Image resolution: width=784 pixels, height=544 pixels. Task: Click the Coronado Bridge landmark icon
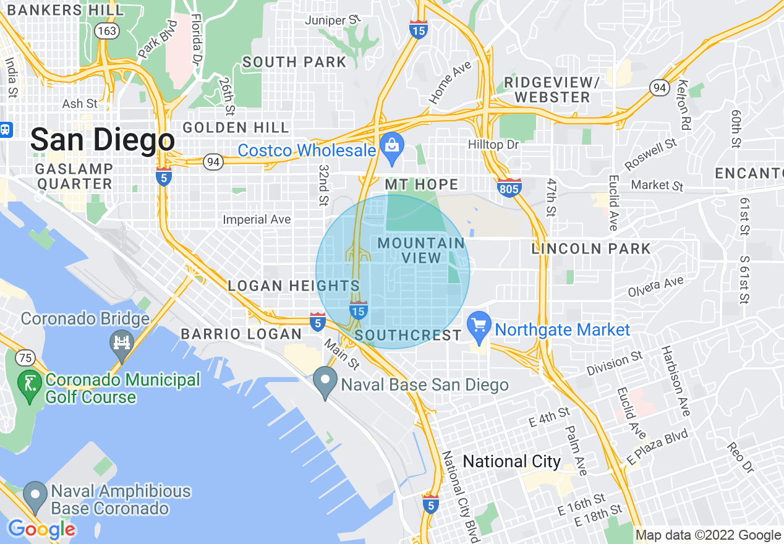coord(121,344)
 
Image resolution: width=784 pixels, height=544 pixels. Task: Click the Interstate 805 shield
coord(508,187)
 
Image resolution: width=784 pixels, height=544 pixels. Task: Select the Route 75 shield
coord(25,357)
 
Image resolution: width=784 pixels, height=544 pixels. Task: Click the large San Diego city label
coord(102,140)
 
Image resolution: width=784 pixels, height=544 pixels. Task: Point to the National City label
coord(511,461)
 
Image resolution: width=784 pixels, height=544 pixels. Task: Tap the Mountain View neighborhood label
coord(421,250)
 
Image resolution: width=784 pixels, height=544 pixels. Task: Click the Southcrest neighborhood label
coord(408,335)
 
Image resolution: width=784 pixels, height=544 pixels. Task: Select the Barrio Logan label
coord(241,334)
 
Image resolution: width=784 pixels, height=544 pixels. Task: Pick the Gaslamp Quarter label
coord(74,176)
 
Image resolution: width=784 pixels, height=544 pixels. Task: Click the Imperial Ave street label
coord(257,219)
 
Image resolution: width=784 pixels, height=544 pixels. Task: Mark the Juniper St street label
coord(333,20)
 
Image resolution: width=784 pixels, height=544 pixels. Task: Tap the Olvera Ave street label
coord(656,286)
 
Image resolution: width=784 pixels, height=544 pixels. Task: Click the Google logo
coord(41,529)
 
